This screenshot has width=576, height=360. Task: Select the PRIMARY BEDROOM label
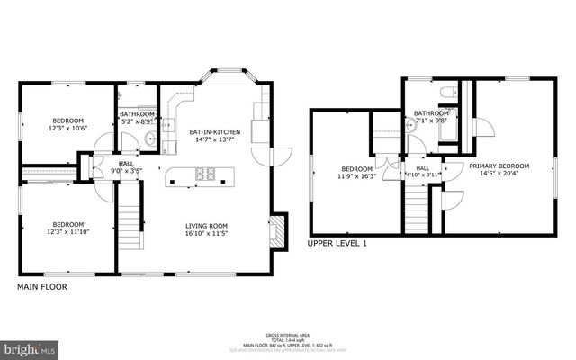click(499, 166)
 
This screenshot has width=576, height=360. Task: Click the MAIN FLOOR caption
click(42, 287)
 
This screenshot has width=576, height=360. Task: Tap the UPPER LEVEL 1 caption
click(337, 243)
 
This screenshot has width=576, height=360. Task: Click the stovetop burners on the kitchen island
click(205, 174)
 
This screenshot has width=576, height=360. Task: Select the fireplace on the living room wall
click(278, 231)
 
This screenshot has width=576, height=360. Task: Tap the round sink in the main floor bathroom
click(149, 139)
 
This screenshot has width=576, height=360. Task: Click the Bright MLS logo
click(30, 346)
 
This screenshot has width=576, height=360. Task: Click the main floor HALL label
click(126, 163)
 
